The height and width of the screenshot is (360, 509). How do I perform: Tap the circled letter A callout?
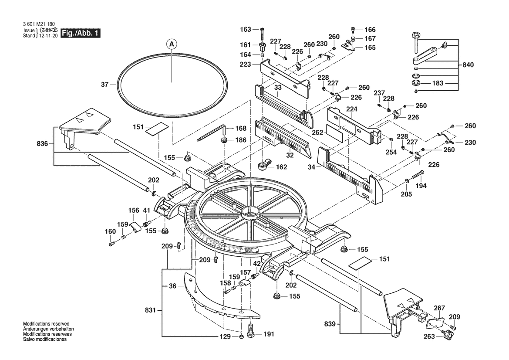172,44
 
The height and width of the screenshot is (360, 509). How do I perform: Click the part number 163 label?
246,29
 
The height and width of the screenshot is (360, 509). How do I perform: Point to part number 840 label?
468,65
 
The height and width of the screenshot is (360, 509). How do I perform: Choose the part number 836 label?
42,143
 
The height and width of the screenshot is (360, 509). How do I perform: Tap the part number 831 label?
150,311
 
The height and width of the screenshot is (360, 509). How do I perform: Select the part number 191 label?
269,334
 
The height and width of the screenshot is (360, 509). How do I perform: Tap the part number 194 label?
421,186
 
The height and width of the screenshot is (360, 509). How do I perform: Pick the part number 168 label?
241,129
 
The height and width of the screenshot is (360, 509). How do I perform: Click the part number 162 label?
281,166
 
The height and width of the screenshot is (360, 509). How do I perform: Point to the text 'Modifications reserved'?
46,324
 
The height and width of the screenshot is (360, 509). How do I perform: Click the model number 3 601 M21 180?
39,24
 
